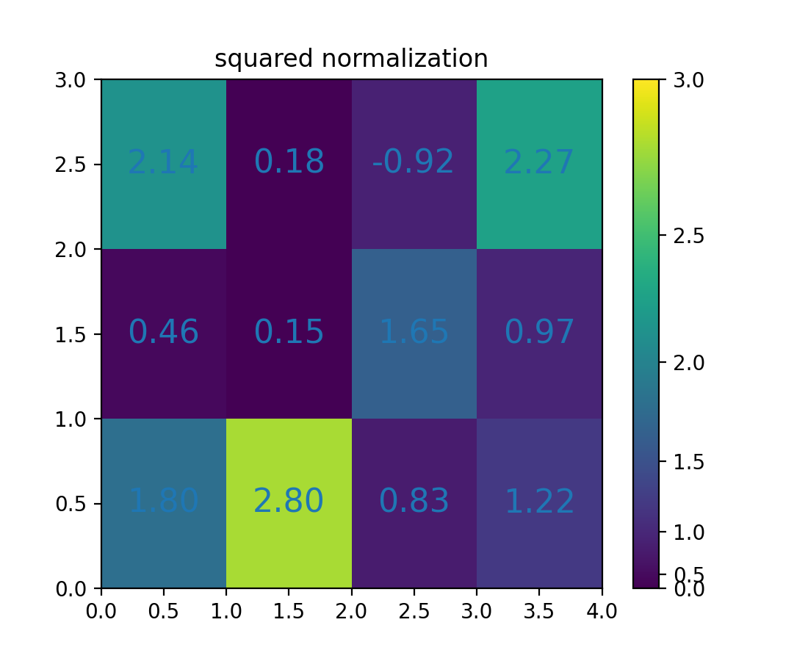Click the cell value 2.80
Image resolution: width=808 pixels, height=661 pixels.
[x=289, y=502]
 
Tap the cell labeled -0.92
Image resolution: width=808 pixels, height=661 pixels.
[x=413, y=162]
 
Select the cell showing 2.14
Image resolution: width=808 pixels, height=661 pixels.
[x=163, y=162]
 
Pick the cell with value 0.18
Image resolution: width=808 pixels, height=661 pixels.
[x=289, y=162]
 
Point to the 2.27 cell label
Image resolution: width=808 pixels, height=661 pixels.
[x=539, y=162]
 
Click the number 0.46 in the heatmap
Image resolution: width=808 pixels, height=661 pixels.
[x=163, y=333]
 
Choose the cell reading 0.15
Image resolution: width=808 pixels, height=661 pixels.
[x=289, y=333]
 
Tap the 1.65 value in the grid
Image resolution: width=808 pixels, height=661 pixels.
[x=414, y=333]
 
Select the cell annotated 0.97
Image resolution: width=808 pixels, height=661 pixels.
[x=539, y=333]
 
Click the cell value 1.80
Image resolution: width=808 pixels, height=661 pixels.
[x=163, y=502]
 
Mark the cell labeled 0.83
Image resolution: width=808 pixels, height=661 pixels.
[x=414, y=502]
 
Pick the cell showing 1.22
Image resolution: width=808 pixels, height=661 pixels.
[x=539, y=502]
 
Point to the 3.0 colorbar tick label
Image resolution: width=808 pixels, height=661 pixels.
[x=688, y=79]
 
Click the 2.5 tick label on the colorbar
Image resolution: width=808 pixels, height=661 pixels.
[x=688, y=236]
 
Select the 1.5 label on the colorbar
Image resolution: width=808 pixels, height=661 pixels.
[x=688, y=462]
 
